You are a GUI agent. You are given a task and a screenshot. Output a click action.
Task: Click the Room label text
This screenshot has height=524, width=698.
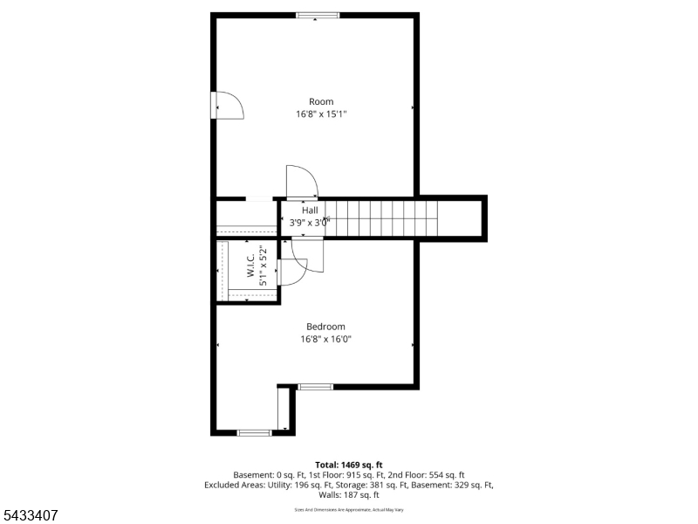pos(321,101)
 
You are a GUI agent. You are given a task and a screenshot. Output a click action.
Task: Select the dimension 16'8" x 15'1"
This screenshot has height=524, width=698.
pos(321,114)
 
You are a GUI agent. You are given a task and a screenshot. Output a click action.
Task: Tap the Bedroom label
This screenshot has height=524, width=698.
pos(325,327)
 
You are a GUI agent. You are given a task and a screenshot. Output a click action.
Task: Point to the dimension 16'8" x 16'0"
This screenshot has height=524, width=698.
pos(325,339)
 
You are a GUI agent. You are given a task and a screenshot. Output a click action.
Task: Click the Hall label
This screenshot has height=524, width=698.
pos(310,210)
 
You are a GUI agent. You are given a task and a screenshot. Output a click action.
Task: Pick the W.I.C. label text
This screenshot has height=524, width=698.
pos(250,265)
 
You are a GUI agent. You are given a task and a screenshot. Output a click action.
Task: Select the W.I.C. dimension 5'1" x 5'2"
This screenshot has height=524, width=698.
pos(263,265)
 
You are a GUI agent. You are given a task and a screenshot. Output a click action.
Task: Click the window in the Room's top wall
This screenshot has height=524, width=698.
pos(318,16)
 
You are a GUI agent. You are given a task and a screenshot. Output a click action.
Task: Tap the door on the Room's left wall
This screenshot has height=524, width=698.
pos(228,106)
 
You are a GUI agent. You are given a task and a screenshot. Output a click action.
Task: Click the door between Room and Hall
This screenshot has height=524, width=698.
pos(301,182)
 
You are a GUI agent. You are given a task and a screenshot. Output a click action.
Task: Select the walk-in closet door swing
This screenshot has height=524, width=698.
pos(292,272)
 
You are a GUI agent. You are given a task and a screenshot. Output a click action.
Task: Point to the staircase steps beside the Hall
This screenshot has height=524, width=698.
pos(381,217)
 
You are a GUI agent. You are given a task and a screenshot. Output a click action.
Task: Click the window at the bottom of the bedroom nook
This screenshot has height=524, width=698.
pos(254,432)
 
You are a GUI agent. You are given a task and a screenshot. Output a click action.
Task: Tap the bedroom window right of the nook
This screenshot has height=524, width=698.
pos(316,387)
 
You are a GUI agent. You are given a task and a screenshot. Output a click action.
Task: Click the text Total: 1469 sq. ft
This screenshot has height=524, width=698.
pos(349,465)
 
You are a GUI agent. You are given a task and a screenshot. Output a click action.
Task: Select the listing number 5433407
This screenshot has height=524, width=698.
pos(29,515)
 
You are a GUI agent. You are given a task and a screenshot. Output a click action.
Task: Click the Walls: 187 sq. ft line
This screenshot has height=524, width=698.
pos(349,494)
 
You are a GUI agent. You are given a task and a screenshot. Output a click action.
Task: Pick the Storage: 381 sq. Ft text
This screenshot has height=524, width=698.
pos(370,485)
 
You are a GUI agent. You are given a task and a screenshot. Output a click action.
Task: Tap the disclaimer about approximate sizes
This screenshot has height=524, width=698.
pos(349,510)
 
